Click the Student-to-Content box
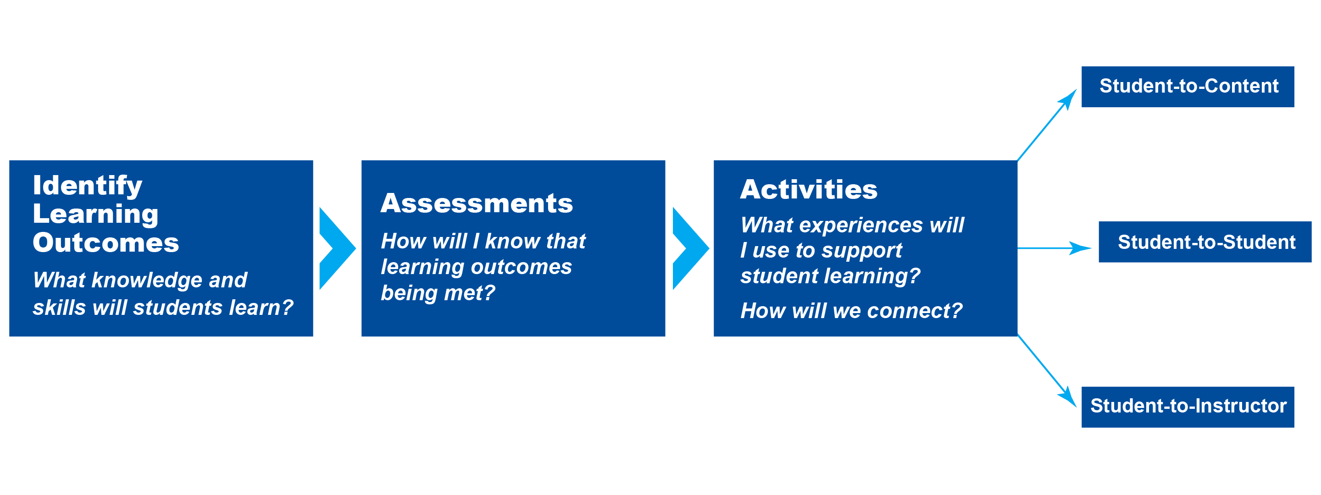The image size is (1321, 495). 1188,87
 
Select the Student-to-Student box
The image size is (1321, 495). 1205,242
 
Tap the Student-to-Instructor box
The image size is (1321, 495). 1188,407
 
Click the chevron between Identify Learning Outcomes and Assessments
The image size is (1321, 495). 337,248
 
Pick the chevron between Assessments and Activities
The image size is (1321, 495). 690,248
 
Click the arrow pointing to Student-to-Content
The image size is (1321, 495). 1047,125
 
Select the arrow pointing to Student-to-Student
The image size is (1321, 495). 1055,248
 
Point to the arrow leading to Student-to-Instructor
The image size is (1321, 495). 1047,371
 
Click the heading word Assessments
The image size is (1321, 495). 477,203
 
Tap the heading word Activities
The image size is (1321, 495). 809,189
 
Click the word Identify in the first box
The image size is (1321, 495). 87,186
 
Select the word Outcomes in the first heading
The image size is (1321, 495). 105,242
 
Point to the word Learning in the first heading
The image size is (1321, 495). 95,214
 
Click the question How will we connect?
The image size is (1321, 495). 851,311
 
